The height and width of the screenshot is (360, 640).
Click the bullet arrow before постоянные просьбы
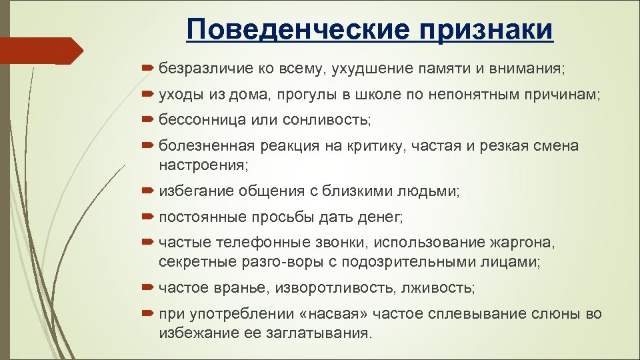pyautogui.click(x=148, y=217)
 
